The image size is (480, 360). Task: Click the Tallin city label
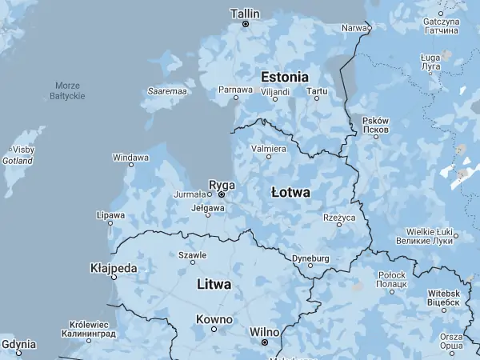[x=245, y=14]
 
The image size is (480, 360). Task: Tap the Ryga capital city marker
[x=222, y=194]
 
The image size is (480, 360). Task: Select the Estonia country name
[x=284, y=77]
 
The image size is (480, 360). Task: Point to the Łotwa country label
[x=290, y=193]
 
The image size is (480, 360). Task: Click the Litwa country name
[x=214, y=284]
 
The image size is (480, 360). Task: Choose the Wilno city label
[x=264, y=330]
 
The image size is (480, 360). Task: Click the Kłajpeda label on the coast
[x=114, y=268]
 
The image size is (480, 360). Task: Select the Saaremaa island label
[x=167, y=92]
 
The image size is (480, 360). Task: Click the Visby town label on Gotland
[x=23, y=150]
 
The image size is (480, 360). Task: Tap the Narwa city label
[x=353, y=28]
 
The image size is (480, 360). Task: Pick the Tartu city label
[x=317, y=91]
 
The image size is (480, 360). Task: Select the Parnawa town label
[x=235, y=89]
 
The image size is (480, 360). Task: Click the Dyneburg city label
[x=310, y=258]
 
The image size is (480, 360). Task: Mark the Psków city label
[x=376, y=124]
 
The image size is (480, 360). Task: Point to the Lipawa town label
[x=110, y=215]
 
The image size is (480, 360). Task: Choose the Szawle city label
[x=192, y=255]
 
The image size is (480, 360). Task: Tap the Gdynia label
[x=18, y=344]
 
